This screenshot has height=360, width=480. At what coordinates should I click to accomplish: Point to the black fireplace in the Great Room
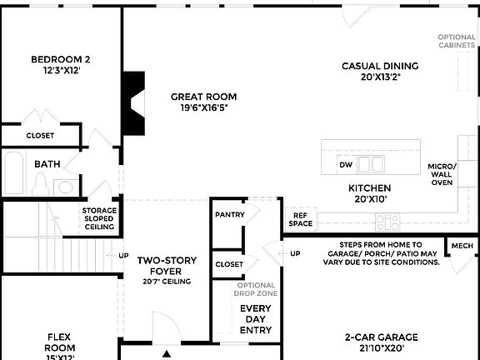tap(132, 101)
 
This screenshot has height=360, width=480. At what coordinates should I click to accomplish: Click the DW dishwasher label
tap(346, 165)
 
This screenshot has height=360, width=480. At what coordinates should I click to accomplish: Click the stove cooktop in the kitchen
tap(387, 222)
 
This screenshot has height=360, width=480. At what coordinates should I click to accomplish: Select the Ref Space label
tap(300, 219)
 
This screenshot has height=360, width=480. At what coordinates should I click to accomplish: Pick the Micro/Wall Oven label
tap(442, 174)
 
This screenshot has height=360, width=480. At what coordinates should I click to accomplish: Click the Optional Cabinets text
tap(457, 42)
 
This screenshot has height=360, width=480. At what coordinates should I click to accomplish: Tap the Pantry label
tap(229, 214)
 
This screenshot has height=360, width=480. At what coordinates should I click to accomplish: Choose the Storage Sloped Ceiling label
tap(99, 218)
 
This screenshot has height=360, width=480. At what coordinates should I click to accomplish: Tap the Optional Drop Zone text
tap(256, 290)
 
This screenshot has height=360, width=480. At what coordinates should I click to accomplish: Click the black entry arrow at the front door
tap(167, 353)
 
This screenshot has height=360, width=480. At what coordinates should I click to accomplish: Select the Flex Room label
tap(60, 342)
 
